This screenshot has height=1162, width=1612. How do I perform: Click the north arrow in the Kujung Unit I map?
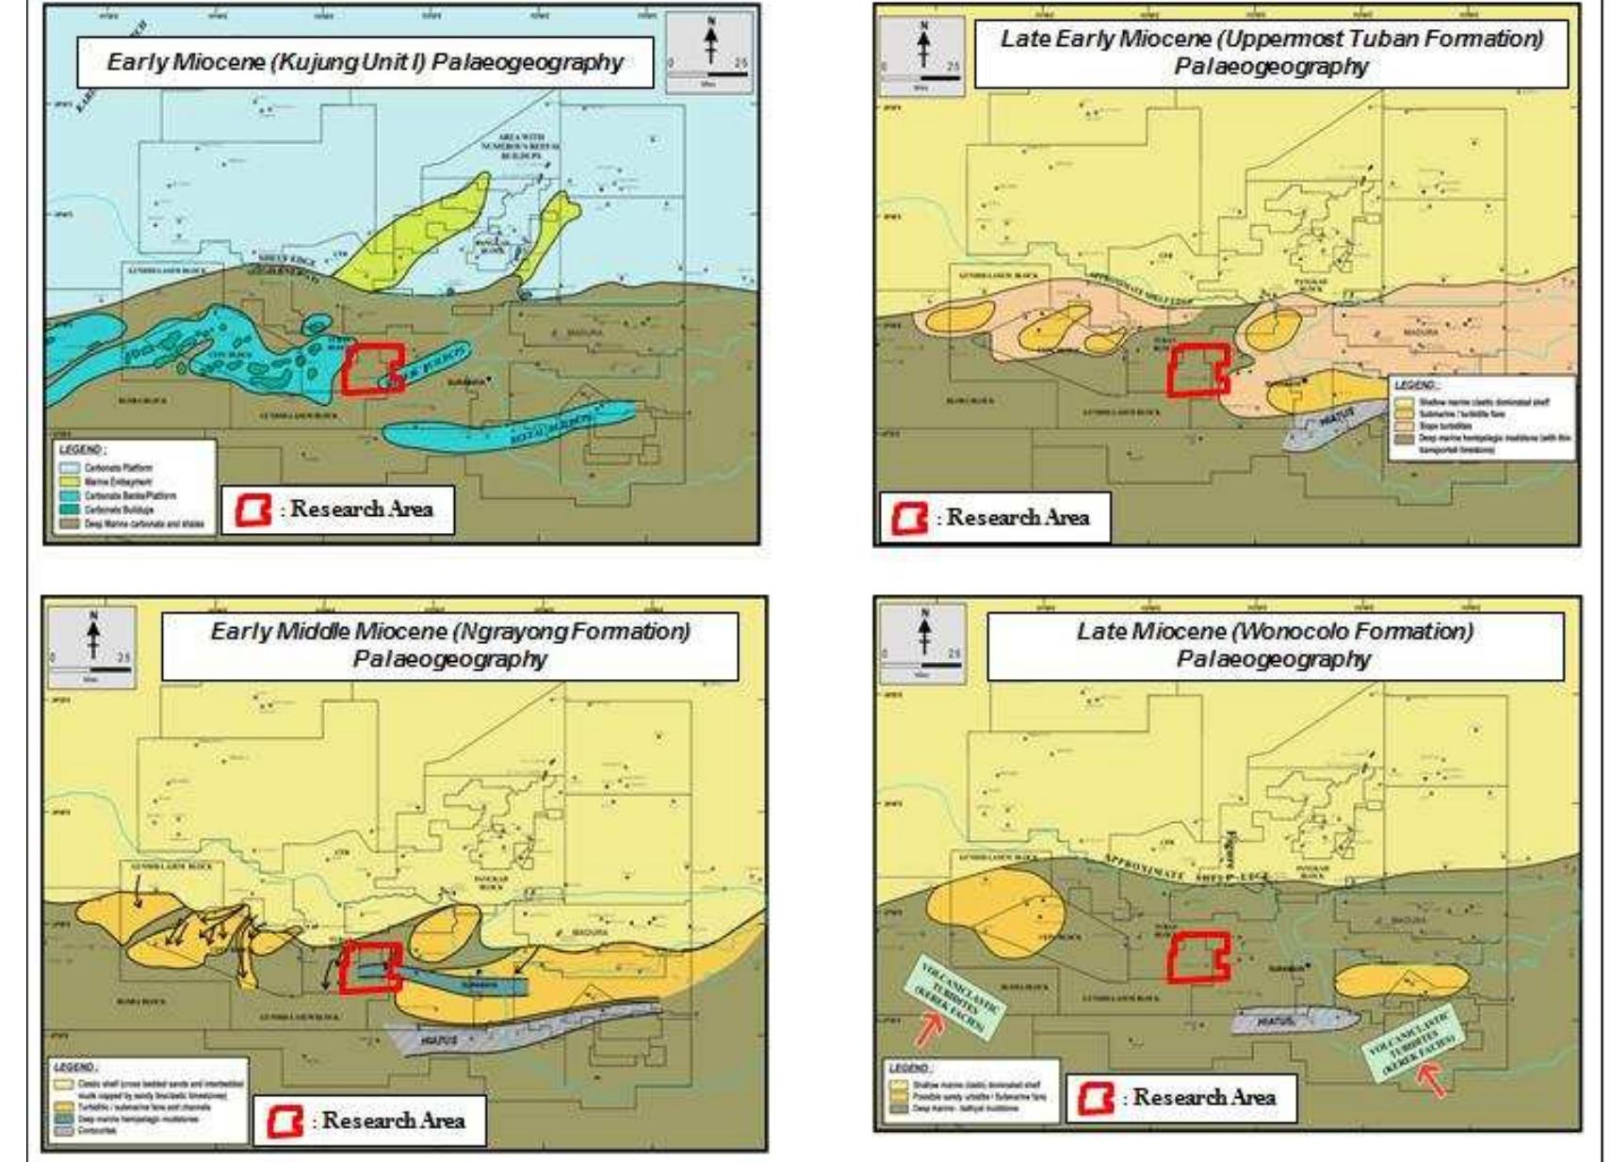711,42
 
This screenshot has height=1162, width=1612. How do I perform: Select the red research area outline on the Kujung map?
373,368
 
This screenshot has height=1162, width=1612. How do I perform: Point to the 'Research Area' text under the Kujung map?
362,509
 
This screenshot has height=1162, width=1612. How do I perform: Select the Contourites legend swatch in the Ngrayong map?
63,1130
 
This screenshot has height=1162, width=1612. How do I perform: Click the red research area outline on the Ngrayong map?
370,967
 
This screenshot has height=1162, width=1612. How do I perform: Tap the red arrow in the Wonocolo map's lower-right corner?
1432,1079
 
